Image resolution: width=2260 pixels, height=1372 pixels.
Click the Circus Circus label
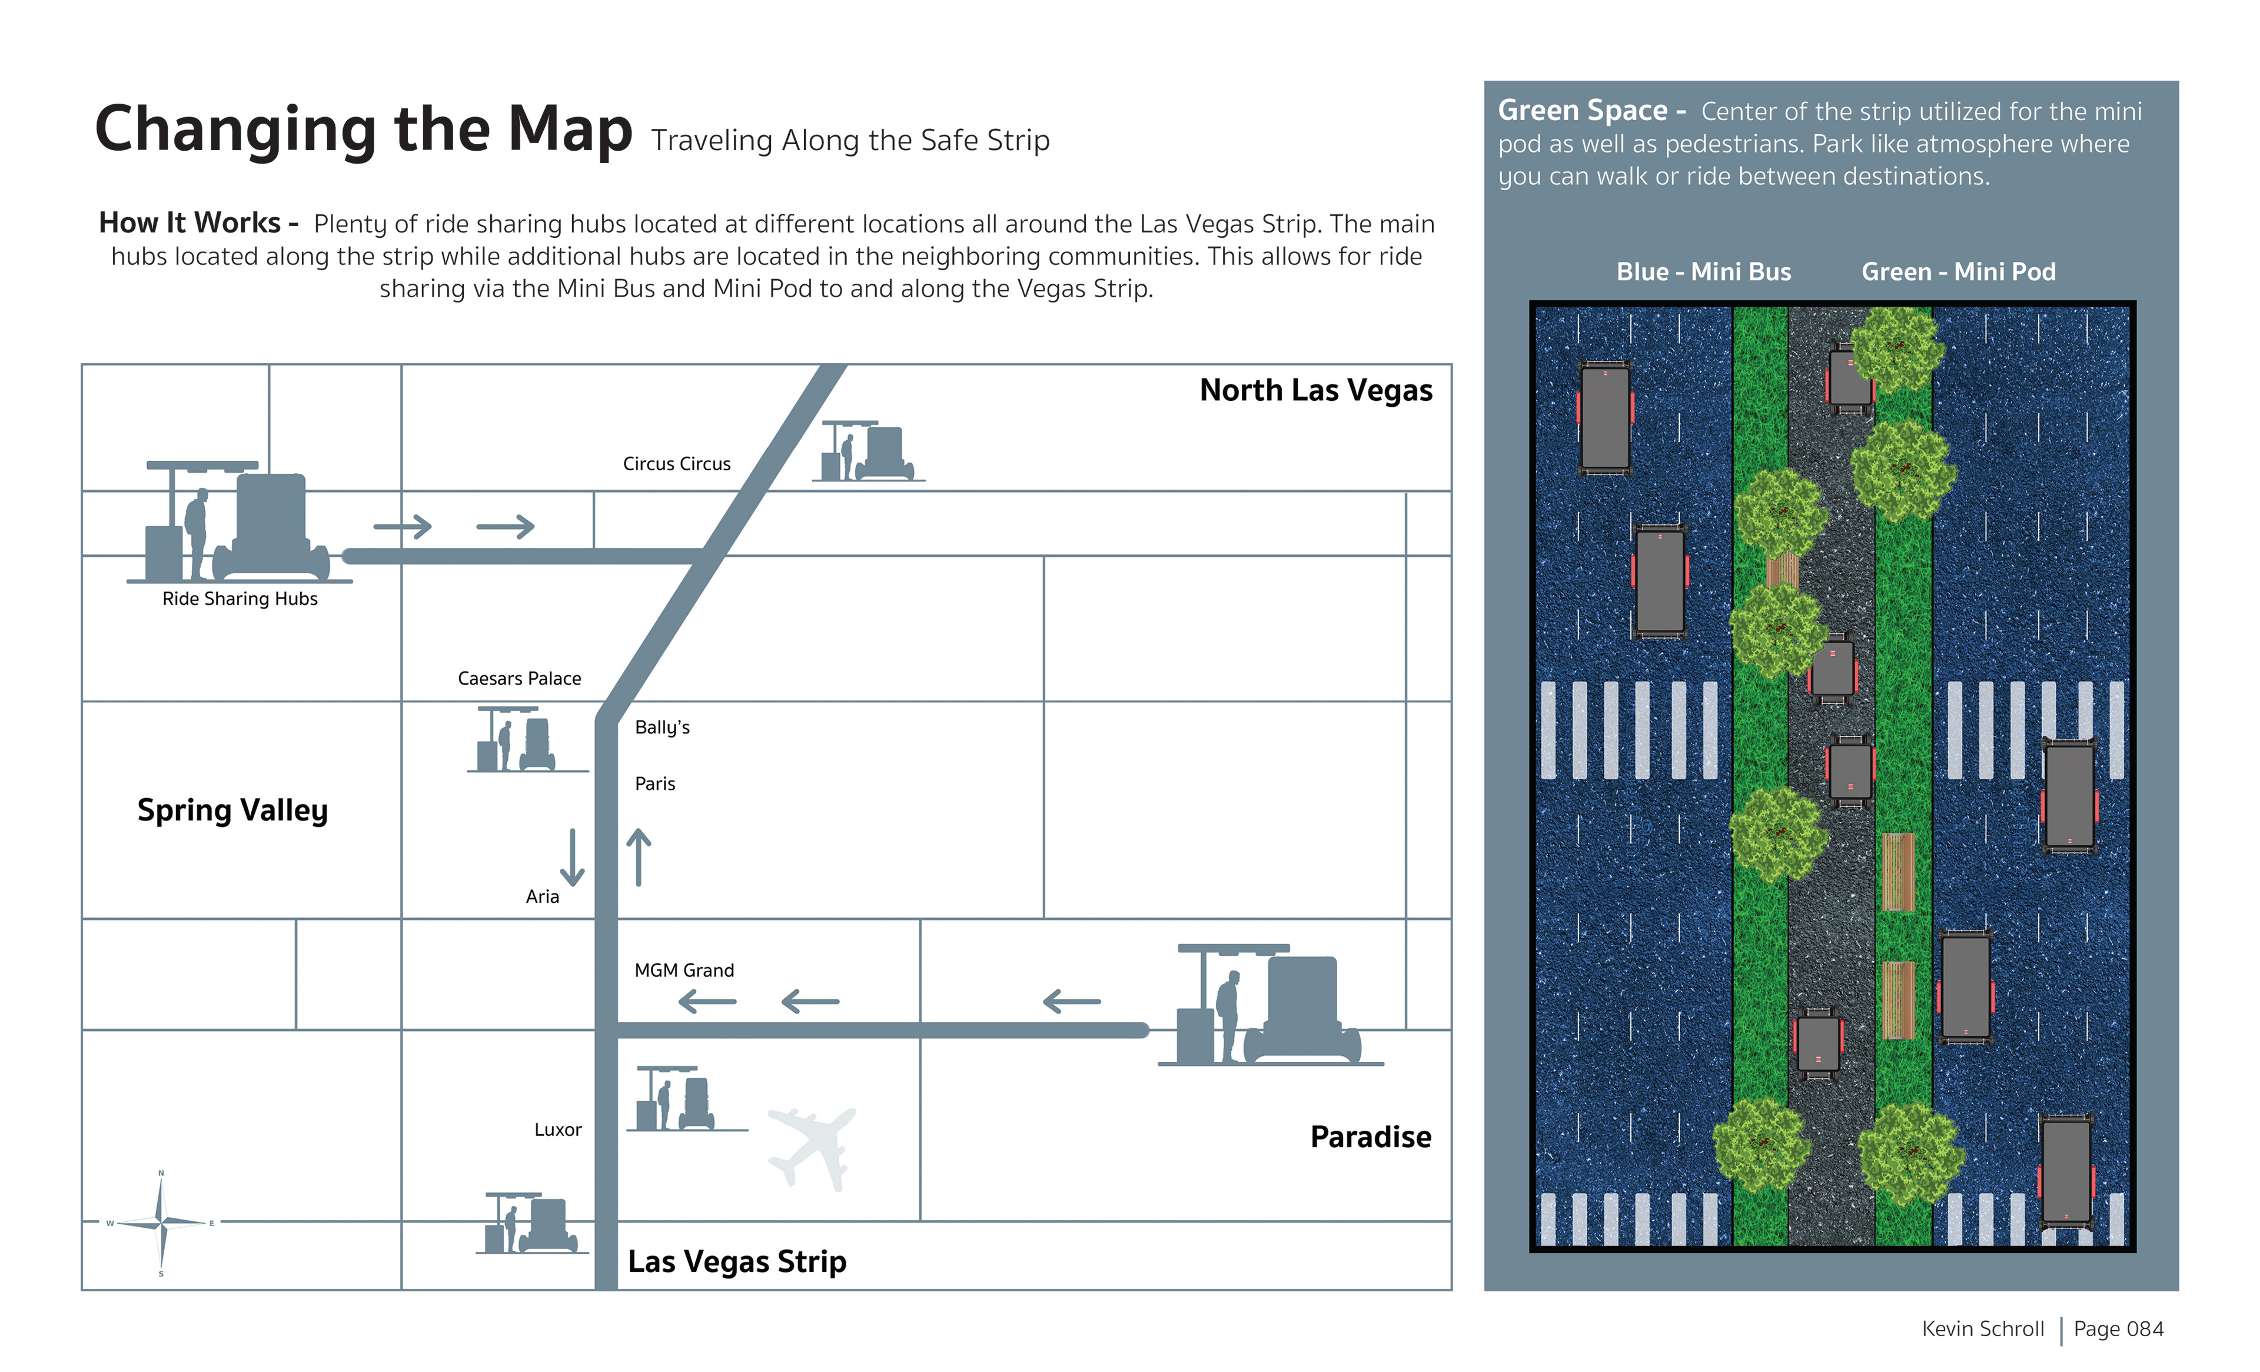(676, 464)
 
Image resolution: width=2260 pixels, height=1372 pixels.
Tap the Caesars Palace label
(519, 679)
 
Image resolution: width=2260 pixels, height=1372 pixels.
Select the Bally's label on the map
(662, 727)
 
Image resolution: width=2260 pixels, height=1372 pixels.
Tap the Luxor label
(558, 1130)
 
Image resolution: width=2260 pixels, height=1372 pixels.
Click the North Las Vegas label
(1315, 391)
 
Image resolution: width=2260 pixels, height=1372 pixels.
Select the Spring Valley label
(232, 810)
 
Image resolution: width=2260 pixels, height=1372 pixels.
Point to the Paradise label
(1370, 1137)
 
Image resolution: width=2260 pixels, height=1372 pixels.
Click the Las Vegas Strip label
(736, 1262)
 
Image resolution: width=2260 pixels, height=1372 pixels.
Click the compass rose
(161, 1222)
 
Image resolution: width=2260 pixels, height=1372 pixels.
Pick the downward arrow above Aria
(572, 856)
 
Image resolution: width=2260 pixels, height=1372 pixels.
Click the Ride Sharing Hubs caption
(240, 599)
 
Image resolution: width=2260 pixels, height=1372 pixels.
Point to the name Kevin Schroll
(1983, 1329)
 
